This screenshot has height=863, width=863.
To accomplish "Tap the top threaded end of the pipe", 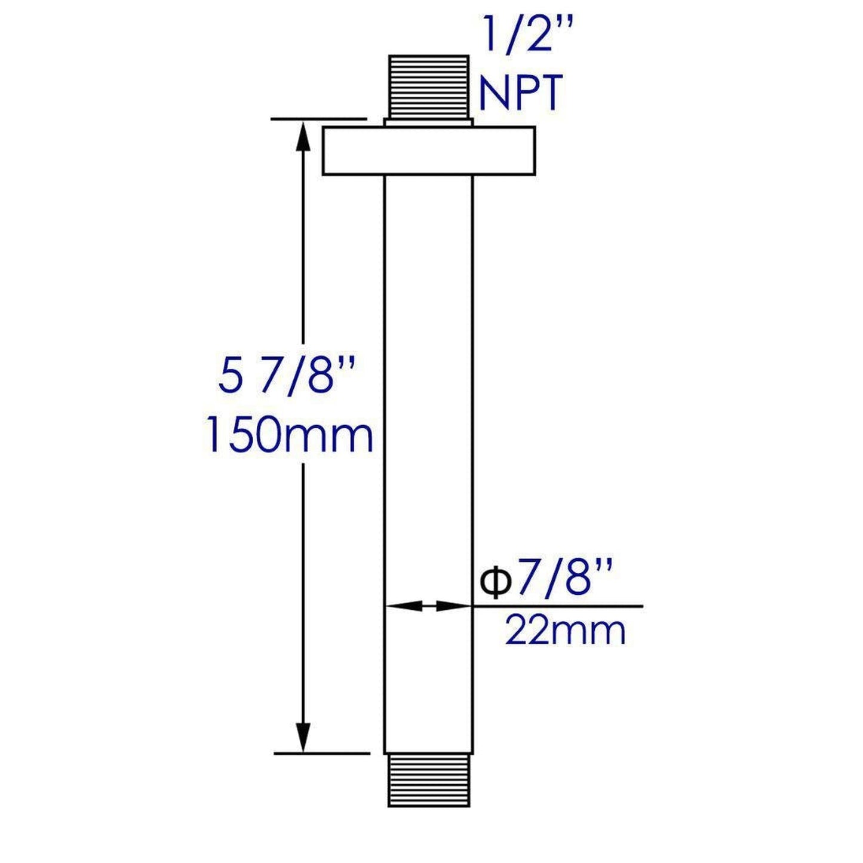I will click(x=428, y=85).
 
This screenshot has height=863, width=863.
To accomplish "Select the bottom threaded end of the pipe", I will click(x=428, y=780).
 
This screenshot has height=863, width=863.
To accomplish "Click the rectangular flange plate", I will click(x=428, y=151).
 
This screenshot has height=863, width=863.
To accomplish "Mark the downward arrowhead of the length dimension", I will click(x=303, y=738).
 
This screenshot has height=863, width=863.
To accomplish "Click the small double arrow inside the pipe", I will click(x=428, y=606).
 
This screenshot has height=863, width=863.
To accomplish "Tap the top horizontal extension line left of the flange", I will click(x=318, y=119).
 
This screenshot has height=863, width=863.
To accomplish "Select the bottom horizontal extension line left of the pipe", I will click(x=321, y=753).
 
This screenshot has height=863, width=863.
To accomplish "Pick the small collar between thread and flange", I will click(x=428, y=122).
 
